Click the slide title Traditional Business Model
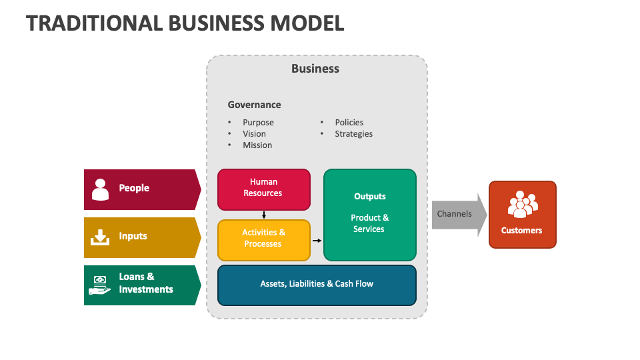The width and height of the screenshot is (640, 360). tap(185, 23)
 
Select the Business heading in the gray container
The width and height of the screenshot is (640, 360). tap(315, 69)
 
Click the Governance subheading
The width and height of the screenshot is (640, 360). tap(254, 105)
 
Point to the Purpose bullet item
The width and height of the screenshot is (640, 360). tap(258, 123)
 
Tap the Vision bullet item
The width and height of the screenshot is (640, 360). tap(254, 134)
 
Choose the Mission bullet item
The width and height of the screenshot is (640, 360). tap(257, 145)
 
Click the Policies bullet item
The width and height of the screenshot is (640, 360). tap(349, 123)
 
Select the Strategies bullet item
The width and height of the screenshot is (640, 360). tap(353, 134)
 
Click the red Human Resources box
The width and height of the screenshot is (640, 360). tap(263, 189)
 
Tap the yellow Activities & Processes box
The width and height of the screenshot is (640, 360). tap(263, 239)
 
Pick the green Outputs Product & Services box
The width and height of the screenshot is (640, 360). tap(369, 214)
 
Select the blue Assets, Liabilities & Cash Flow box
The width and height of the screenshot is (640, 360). tap(317, 285)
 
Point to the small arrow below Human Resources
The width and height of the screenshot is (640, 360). tap(264, 215)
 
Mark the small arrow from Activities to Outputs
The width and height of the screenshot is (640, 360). tap(317, 240)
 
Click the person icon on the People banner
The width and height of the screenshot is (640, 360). tap(100, 189)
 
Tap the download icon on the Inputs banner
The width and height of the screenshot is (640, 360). tap(100, 237)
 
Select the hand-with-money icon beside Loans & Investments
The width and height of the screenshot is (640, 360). tap(100, 285)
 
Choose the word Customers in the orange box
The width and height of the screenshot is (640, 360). tap(522, 231)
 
